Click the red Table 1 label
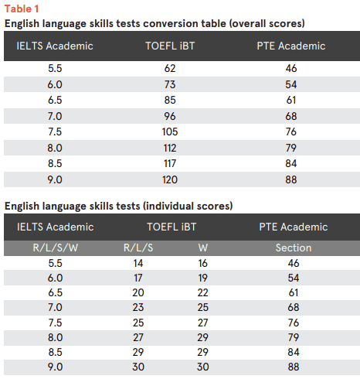pyautogui.click(x=22, y=9)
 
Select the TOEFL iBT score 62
pyautogui.click(x=170, y=68)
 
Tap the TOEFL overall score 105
pyautogui.click(x=170, y=131)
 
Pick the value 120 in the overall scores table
pyautogui.click(x=170, y=179)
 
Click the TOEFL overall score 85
pyautogui.click(x=170, y=100)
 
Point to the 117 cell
pyautogui.click(x=170, y=163)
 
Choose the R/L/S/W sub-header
pyautogui.click(x=56, y=248)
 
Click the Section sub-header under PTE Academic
pyautogui.click(x=294, y=248)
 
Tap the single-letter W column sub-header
pyautogui.click(x=203, y=248)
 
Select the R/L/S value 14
pyautogui.click(x=138, y=263)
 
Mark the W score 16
pyautogui.click(x=203, y=263)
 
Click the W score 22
pyautogui.click(x=203, y=292)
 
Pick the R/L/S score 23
pyautogui.click(x=138, y=307)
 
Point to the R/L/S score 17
pyautogui.click(x=138, y=278)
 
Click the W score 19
pyautogui.click(x=203, y=278)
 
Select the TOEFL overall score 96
pyautogui.click(x=170, y=116)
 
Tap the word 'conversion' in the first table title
pyautogui.click(x=171, y=24)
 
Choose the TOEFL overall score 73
pyautogui.click(x=170, y=84)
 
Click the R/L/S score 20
pyautogui.click(x=138, y=292)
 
